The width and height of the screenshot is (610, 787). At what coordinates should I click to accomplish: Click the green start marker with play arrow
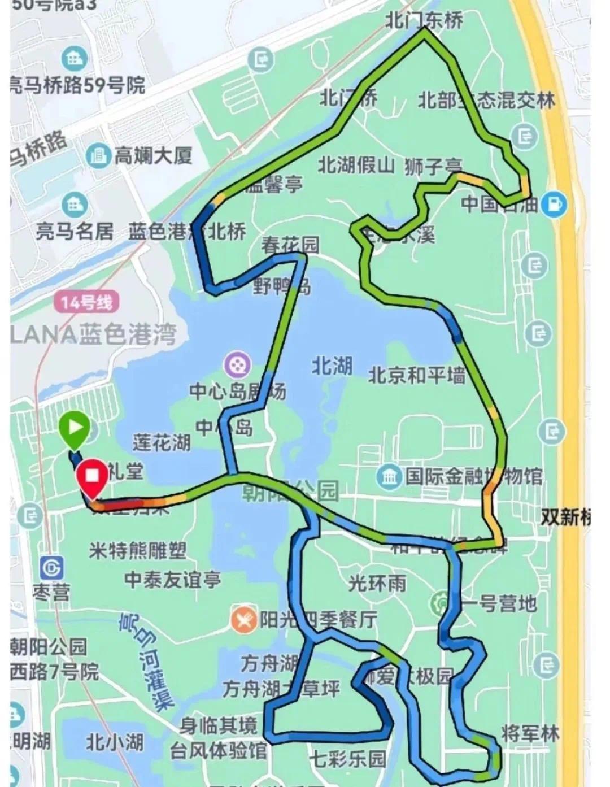tap(75, 428)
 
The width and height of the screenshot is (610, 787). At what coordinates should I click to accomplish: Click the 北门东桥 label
tap(424, 20)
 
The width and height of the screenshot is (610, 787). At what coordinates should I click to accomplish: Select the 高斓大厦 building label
tap(153, 155)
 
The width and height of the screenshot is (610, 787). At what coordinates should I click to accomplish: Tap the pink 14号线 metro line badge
tap(87, 302)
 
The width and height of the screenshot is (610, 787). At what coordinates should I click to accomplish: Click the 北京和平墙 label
tap(417, 375)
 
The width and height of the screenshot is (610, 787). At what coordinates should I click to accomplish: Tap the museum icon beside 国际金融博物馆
tap(390, 477)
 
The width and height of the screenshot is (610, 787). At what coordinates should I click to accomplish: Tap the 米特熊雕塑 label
tap(137, 550)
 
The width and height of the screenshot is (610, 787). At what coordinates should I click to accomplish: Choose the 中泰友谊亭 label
tap(172, 580)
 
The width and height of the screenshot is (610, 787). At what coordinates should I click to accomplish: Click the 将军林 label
tap(530, 733)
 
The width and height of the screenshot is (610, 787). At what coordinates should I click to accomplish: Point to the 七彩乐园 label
tap(347, 758)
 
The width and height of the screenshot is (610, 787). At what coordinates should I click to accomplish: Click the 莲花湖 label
tap(161, 442)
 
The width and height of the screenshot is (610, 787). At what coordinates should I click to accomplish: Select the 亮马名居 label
tap(74, 232)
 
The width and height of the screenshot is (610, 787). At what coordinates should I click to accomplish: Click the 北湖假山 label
tap(356, 166)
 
